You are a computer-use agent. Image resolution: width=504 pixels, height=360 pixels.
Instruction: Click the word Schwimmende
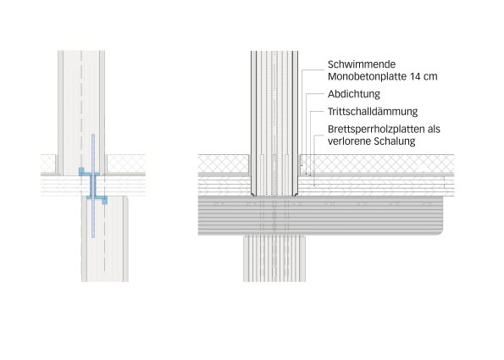pyautogui.click(x=362, y=64)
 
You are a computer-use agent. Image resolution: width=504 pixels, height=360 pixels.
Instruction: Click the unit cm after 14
pyautogui.click(x=430, y=77)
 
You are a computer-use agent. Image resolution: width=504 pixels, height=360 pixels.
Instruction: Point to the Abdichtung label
pyautogui.click(x=354, y=94)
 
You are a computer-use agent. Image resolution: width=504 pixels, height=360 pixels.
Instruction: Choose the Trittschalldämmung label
pyautogui.click(x=373, y=112)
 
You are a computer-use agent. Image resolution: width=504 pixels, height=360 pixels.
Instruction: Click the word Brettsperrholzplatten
pyautogui.click(x=376, y=130)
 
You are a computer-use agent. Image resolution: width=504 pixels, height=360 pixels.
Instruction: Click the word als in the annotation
pyautogui.click(x=434, y=130)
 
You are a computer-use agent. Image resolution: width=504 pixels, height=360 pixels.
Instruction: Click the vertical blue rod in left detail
pyautogui.click(x=93, y=186)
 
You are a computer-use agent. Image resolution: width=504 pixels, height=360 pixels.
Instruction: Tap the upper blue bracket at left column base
pyautogui.click(x=89, y=172)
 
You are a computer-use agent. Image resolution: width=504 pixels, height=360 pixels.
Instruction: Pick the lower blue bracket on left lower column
pyautogui.click(x=97, y=199)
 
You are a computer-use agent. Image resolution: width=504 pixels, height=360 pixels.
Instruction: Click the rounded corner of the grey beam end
pyautogui.click(x=440, y=232)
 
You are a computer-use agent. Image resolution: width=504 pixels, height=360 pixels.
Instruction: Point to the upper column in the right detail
pyautogui.click(x=274, y=123)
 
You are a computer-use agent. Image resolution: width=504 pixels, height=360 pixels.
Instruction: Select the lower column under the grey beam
pyautogui.click(x=274, y=258)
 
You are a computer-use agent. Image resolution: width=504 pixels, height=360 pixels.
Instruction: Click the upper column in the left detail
pyautogui.click(x=81, y=113)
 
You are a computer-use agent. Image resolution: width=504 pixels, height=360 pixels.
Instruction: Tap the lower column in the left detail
pyautogui.click(x=105, y=239)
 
